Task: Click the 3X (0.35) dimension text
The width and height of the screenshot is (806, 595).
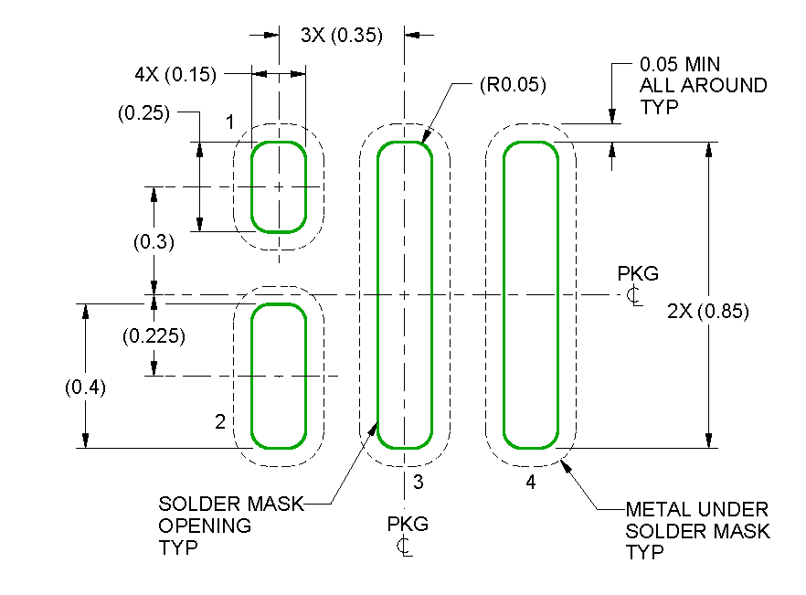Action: [x=341, y=36]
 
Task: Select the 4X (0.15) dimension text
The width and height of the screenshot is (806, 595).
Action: [x=175, y=75]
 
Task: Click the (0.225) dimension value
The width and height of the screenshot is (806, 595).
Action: [x=154, y=335]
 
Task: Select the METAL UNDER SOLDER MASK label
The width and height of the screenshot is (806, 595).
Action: [x=697, y=530]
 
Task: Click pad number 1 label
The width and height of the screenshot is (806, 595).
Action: [x=230, y=122]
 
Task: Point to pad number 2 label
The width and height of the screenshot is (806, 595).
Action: [x=219, y=422]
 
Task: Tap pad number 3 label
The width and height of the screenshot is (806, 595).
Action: [x=418, y=481]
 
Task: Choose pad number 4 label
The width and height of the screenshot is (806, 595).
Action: [x=530, y=483]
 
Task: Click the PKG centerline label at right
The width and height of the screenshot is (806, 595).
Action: [x=637, y=284]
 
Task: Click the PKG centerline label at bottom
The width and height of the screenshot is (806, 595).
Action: [x=407, y=535]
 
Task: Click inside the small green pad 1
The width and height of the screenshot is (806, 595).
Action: [x=279, y=186]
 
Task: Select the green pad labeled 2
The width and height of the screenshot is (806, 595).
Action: [x=279, y=376]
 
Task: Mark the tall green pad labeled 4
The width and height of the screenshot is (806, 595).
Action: [x=531, y=295]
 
